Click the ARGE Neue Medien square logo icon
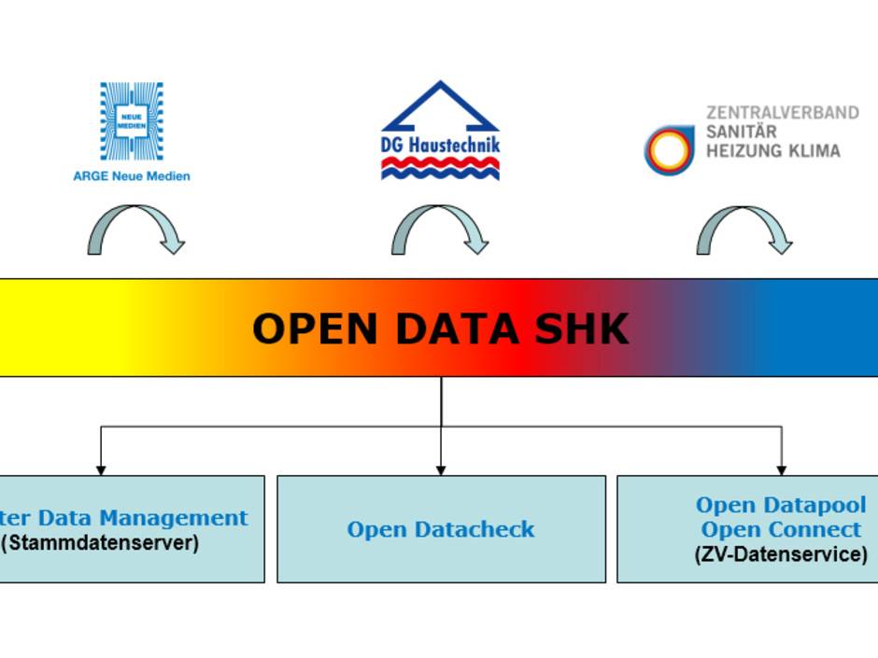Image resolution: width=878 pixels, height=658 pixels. click(x=132, y=121)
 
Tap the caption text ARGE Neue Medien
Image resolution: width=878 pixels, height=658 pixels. click(x=132, y=175)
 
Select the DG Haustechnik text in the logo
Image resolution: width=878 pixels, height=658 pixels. click(x=441, y=145)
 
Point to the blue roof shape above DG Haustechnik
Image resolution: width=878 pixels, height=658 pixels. click(x=440, y=105)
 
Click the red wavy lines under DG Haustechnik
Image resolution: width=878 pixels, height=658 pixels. click(x=441, y=167)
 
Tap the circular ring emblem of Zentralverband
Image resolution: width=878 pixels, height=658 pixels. click(x=669, y=149)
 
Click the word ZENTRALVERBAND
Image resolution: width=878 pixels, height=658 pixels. click(x=782, y=112)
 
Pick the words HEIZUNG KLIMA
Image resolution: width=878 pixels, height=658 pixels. click(x=772, y=150)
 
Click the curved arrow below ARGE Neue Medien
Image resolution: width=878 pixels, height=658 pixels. click(x=135, y=230)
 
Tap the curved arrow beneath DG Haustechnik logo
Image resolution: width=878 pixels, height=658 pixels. click(x=439, y=230)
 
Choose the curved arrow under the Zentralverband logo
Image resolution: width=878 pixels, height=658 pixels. click(x=743, y=230)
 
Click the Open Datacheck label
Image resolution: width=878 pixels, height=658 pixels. click(x=441, y=529)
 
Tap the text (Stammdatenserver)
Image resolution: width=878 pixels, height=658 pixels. click(x=100, y=542)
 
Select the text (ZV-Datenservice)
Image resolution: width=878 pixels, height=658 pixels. click(x=781, y=553)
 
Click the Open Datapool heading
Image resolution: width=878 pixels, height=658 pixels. click(x=781, y=505)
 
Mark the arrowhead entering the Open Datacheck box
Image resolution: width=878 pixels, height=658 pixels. click(x=441, y=469)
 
